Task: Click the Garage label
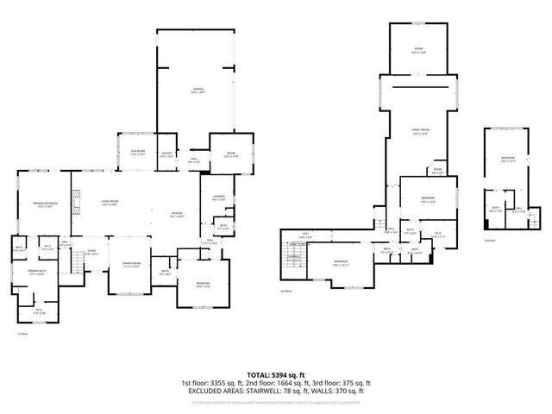click(x=198, y=91)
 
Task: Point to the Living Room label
click(x=110, y=203)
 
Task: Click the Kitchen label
click(x=177, y=215)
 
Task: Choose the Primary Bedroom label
click(x=44, y=204)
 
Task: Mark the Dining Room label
click(x=131, y=265)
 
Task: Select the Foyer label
click(x=92, y=253)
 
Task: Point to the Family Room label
click(x=420, y=131)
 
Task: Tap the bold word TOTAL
click(x=259, y=374)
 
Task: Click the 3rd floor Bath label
click(x=494, y=209)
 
